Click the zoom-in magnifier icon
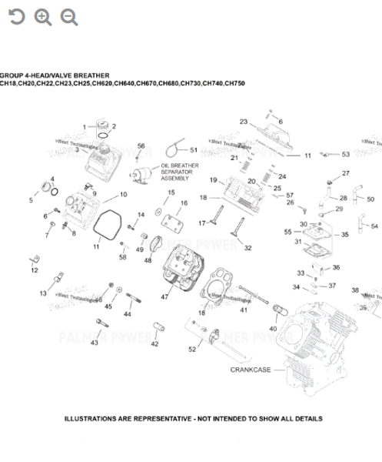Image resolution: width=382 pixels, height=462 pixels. tap(43, 17)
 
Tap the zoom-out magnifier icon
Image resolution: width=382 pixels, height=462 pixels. tap(69, 17)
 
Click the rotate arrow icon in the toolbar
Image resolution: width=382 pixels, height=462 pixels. tap(16, 17)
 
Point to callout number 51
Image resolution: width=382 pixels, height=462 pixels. tap(194, 149)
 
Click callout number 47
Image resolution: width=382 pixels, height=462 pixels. tap(164, 296)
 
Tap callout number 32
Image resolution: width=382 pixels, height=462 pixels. tap(247, 248)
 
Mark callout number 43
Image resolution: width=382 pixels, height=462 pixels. tap(95, 343)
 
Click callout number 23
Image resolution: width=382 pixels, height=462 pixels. tap(243, 122)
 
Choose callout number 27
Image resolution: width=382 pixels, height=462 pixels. tap(345, 173)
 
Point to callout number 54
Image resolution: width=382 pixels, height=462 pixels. tap(374, 226)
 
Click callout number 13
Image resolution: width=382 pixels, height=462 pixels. tap(43, 293)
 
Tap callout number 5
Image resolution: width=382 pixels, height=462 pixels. tap(32, 200)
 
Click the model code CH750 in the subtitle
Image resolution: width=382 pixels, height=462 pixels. tap(234, 83)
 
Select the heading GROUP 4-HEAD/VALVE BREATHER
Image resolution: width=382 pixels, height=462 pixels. tap(55, 75)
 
